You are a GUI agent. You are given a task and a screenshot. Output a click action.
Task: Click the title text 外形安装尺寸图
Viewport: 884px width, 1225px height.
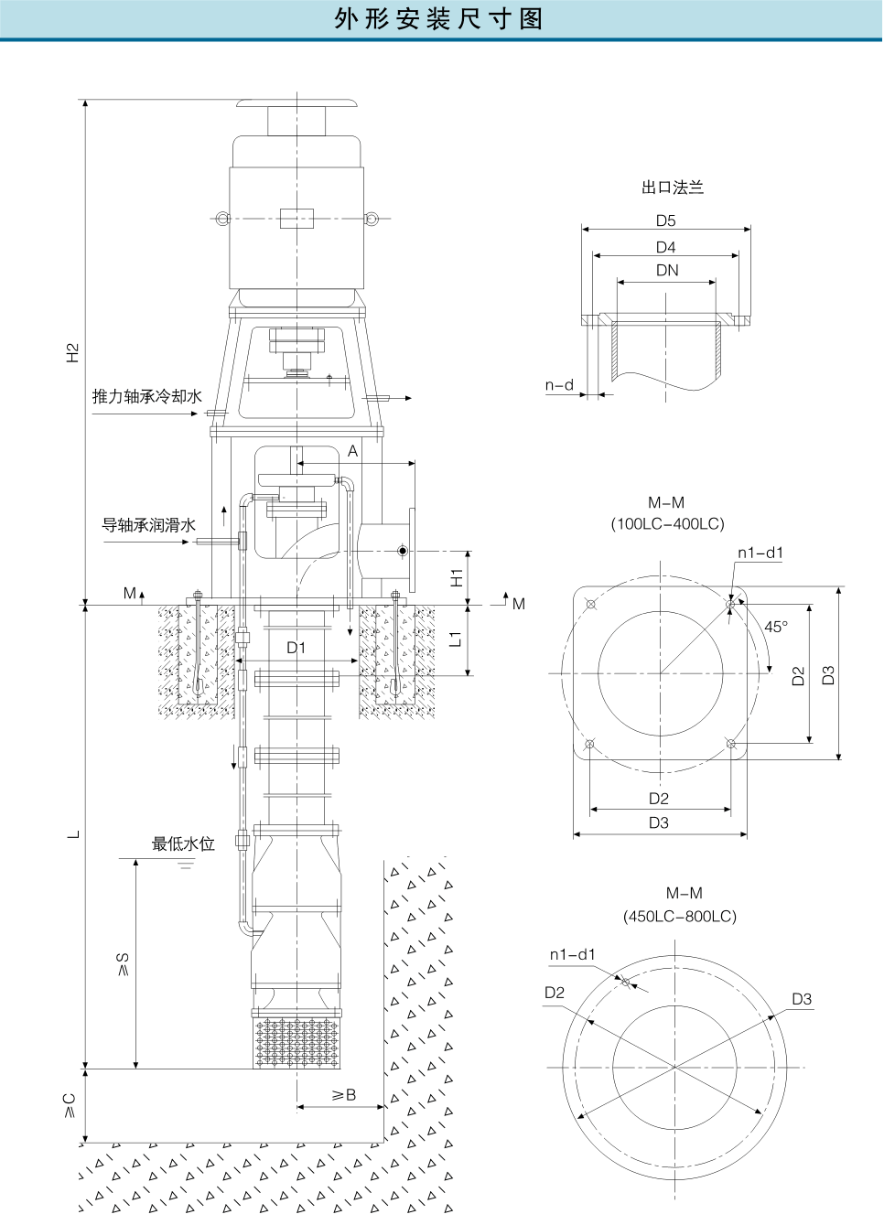439,19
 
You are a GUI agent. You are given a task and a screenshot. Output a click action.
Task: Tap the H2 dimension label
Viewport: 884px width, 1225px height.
73,352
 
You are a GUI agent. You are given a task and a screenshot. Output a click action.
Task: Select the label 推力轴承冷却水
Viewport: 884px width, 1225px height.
146,396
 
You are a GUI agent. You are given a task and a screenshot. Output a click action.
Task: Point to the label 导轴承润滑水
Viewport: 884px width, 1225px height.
148,525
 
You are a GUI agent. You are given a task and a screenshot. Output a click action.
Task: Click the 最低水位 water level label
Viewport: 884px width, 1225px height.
183,844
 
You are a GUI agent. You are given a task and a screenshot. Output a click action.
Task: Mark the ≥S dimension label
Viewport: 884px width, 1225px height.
123,964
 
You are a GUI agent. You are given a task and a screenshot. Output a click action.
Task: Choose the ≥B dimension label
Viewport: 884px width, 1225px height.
344,1095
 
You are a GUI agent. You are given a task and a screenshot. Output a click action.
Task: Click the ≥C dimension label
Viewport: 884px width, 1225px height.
70,1105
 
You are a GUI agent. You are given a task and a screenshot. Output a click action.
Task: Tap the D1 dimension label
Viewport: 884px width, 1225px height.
296,648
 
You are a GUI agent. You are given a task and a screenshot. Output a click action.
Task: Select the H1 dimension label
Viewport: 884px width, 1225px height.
457,577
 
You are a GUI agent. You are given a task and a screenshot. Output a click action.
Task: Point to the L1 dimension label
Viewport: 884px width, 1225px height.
456,639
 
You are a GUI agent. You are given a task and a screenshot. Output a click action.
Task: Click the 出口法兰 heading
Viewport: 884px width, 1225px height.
673,188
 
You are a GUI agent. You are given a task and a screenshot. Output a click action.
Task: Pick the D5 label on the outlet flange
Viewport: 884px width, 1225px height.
665,220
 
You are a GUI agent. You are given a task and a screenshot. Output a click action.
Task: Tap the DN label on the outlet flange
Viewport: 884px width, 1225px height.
667,270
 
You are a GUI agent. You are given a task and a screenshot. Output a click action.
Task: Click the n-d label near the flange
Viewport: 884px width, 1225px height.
559,385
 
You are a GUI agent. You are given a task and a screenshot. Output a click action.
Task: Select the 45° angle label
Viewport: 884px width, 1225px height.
775,627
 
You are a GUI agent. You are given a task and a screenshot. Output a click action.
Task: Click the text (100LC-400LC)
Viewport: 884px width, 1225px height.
667,524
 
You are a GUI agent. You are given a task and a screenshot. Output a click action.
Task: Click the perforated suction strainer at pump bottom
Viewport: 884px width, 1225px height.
296,1043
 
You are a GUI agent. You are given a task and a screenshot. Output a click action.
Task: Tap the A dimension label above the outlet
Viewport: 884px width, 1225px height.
353,451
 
